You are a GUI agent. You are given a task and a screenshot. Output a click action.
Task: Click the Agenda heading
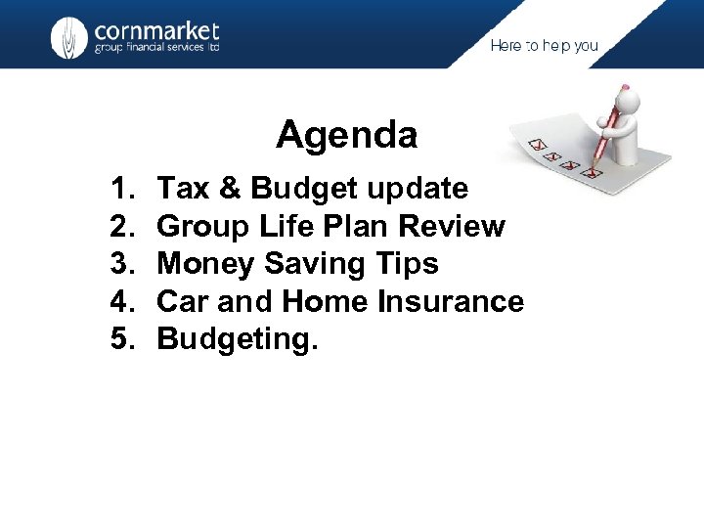(x=346, y=135)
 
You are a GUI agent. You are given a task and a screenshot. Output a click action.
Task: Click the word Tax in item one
(x=183, y=188)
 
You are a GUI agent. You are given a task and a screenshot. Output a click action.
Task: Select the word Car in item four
(x=183, y=301)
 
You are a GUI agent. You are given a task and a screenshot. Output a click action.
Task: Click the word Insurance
(x=451, y=301)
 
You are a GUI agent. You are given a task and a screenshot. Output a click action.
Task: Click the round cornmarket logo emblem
(x=68, y=38)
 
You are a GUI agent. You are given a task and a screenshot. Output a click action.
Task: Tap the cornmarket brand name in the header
(x=156, y=32)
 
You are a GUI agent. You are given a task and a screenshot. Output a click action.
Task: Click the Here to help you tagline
(x=544, y=46)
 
